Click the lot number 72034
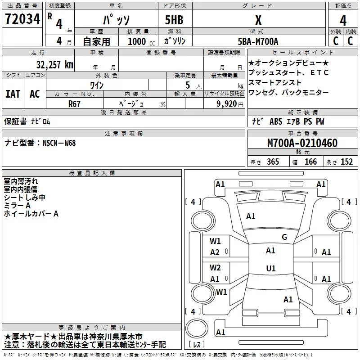[x=22, y=19]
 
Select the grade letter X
[x=258, y=20]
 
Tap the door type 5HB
[x=174, y=20]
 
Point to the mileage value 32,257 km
[x=54, y=65]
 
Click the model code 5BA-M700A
[x=258, y=41]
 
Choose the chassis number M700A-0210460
[x=302, y=143]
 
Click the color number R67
[x=74, y=104]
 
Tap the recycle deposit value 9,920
[x=227, y=104]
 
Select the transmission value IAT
[x=13, y=94]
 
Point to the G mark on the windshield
[x=284, y=237]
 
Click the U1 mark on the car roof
[x=271, y=268]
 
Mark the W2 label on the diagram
[x=215, y=267]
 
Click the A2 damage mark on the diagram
[x=215, y=252]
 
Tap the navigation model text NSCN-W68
[x=59, y=143]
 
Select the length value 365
[x=273, y=162]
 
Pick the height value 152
[x=346, y=162]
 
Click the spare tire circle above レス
[x=197, y=328]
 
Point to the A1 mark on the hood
[x=251, y=216]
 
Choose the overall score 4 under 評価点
[x=343, y=21]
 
